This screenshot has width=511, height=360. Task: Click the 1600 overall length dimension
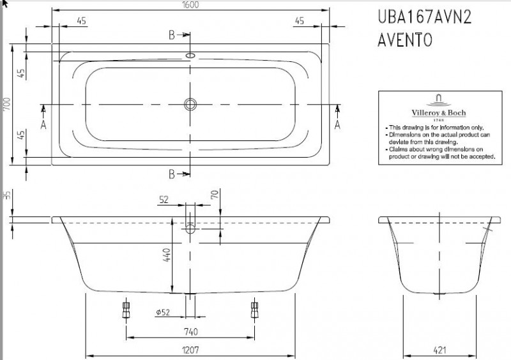tap(190, 5)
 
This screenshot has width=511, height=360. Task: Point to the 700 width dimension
tap(6, 105)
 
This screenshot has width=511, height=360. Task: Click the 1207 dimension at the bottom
tap(190, 349)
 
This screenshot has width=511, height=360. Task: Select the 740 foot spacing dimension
tap(190, 331)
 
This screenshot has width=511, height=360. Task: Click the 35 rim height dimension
tap(6, 195)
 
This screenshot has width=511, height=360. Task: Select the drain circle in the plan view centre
tap(190, 103)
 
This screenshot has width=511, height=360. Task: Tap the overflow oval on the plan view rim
tap(190, 56)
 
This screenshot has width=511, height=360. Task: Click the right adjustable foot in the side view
tap(255, 311)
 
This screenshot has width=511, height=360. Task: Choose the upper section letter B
tap(172, 35)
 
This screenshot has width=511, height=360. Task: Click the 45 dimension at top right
tap(299, 22)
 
